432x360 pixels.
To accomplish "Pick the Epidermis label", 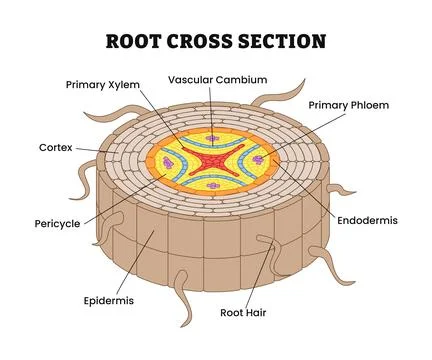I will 108,299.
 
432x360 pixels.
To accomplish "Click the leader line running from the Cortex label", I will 100,151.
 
